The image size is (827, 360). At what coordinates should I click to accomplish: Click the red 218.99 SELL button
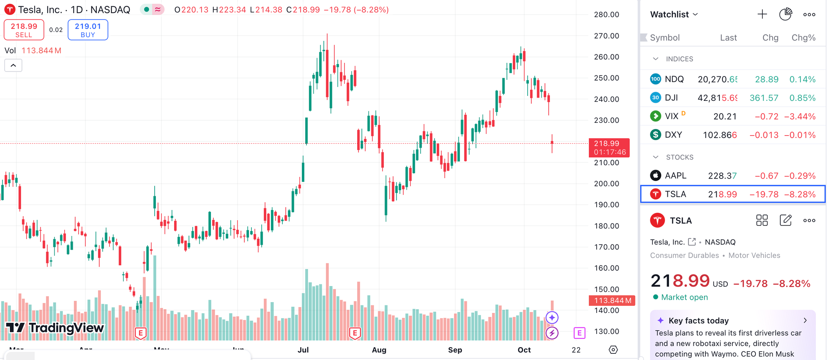(x=24, y=30)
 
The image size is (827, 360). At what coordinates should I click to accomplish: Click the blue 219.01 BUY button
(x=88, y=30)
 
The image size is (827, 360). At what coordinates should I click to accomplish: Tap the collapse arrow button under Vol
(x=13, y=65)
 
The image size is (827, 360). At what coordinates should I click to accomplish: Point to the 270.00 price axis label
(x=606, y=36)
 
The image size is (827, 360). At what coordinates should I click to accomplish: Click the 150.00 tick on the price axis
(x=606, y=289)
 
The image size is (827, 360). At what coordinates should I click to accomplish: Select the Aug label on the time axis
(x=379, y=350)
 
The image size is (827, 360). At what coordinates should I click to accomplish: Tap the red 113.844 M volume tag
(x=612, y=300)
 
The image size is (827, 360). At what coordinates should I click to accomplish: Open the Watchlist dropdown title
(x=674, y=14)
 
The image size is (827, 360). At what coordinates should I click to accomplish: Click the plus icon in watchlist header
(x=762, y=14)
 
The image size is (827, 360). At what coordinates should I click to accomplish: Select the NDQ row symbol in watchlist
(x=674, y=79)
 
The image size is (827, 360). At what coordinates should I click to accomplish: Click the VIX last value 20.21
(x=724, y=117)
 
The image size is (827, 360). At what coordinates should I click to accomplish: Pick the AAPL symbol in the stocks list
(x=675, y=176)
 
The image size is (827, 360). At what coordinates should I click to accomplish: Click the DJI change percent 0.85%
(x=802, y=98)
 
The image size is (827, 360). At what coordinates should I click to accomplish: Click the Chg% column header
(x=803, y=38)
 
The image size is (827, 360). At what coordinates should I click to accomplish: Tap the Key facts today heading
(x=698, y=321)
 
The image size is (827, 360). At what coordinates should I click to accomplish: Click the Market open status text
(x=684, y=297)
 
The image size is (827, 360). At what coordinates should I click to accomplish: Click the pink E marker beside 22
(x=579, y=333)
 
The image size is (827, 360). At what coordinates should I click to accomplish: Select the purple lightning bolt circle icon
(x=552, y=333)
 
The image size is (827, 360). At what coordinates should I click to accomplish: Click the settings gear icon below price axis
(x=613, y=350)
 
